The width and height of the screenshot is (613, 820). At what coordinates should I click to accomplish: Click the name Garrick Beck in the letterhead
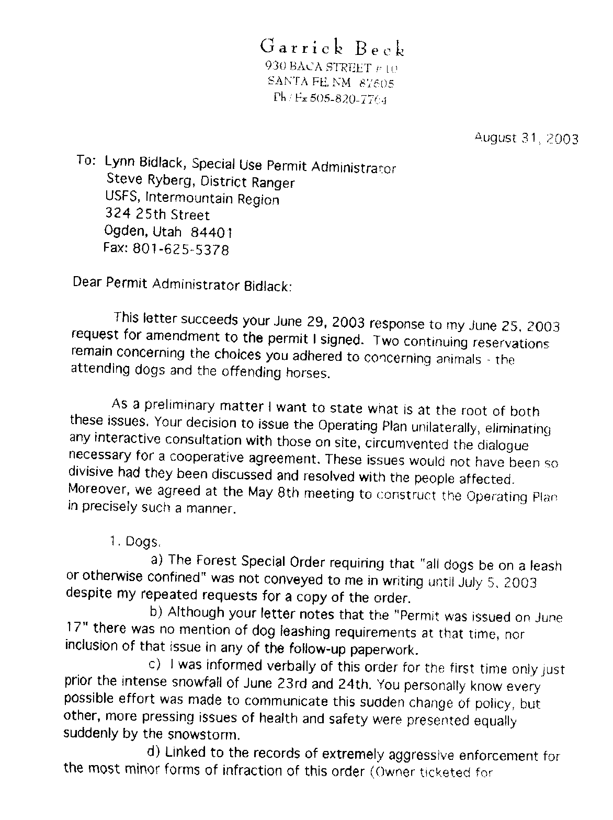pyautogui.click(x=332, y=48)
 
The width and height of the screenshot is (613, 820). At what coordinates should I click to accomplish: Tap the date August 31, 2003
pyautogui.click(x=526, y=139)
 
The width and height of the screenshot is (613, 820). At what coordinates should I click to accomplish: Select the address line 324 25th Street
pyautogui.click(x=157, y=214)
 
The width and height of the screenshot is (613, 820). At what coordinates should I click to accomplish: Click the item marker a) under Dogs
pyautogui.click(x=158, y=561)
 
